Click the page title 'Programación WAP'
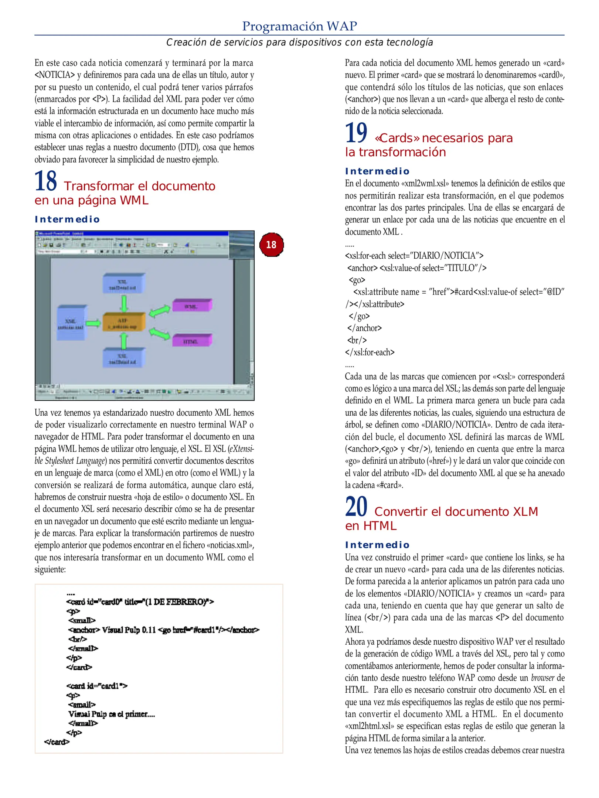299,26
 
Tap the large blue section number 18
45,181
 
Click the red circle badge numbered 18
271,245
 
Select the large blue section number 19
356,133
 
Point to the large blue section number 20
356,507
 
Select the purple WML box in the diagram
191,306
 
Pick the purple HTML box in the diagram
191,341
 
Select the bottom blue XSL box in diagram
123,358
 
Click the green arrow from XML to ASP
93,324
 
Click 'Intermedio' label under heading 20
377,545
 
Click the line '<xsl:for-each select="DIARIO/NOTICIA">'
414,256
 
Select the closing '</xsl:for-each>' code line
370,352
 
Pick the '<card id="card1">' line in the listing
97,686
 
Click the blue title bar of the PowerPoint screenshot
132,233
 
